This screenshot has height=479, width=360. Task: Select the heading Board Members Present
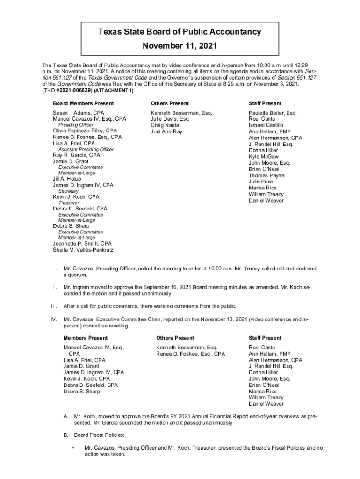83,103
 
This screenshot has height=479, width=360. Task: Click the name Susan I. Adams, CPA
79,113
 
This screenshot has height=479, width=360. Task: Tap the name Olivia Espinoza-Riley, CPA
85,131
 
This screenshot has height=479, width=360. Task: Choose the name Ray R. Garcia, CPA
77,155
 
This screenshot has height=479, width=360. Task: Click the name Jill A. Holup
67,179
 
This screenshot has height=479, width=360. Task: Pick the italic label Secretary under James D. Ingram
68,191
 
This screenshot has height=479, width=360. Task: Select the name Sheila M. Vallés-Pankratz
83,249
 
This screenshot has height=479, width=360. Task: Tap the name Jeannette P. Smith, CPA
82,243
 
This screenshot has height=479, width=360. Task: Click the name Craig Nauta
164,125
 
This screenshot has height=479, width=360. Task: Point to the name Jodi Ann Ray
166,131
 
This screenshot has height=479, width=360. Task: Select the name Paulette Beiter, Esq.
273,113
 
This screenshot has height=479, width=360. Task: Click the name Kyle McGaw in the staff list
264,157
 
